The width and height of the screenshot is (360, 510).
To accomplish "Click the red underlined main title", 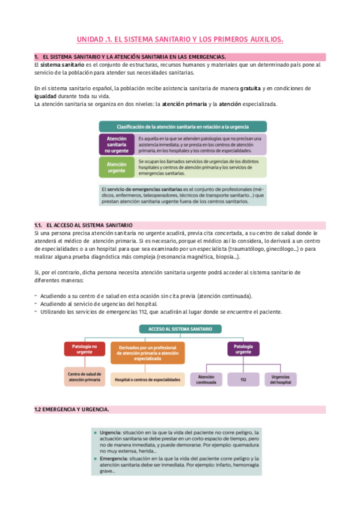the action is (x=180, y=40).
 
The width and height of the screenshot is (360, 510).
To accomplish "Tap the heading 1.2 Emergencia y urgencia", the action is (x=72, y=410).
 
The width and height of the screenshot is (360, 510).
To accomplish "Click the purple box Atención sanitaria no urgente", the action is (x=116, y=144).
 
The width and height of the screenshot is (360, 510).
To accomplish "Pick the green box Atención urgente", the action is (x=116, y=167).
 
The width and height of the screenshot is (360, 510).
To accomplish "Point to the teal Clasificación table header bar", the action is (x=182, y=127).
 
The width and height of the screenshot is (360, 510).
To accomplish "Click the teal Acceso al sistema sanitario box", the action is (x=180, y=329).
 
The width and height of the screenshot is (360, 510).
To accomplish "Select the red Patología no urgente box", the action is (x=85, y=349).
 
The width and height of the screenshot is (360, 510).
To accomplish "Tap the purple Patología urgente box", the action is (x=243, y=349).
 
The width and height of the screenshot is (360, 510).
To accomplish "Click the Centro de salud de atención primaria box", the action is (x=85, y=376).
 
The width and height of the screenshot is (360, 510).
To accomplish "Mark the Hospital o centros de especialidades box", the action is (x=147, y=380).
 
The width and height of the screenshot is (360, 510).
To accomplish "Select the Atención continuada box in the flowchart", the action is (x=206, y=379).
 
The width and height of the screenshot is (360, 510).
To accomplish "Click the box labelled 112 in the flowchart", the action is (x=243, y=379).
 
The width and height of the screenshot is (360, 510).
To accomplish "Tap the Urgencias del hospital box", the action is (x=280, y=379).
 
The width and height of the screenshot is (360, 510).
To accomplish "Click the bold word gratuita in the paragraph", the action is (x=250, y=88).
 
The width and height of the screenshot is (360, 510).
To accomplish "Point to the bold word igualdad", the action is (x=49, y=96).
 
